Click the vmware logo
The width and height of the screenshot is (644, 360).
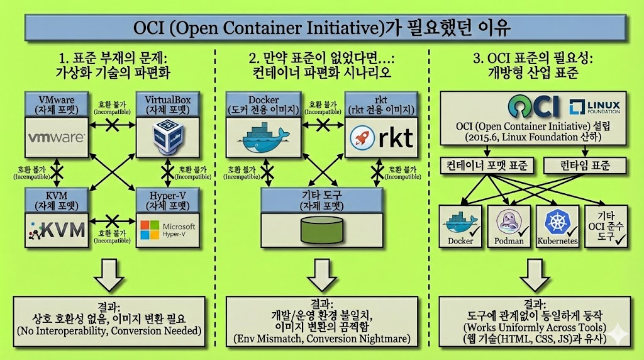55,136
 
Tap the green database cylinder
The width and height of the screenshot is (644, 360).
322,230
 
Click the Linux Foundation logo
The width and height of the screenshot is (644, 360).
594,108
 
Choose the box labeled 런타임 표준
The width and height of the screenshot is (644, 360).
585,166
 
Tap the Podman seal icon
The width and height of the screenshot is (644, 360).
509,221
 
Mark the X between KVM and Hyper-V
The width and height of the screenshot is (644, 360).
112,220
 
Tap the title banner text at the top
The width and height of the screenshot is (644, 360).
322,28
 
